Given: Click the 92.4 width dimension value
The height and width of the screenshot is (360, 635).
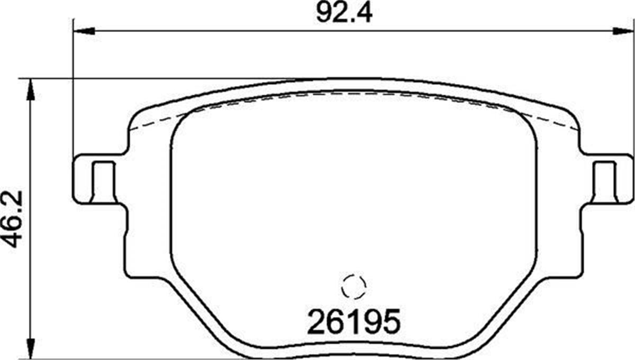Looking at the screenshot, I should (344, 13).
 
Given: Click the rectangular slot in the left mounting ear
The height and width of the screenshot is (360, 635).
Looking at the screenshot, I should (103, 181).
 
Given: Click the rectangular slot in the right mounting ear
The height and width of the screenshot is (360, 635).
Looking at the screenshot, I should (604, 181).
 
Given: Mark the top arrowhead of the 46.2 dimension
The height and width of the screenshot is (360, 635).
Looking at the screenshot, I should (31, 90).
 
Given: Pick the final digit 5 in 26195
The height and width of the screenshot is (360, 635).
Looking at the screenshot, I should (388, 321).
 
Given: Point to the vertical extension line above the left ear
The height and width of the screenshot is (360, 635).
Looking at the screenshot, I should (72, 95).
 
